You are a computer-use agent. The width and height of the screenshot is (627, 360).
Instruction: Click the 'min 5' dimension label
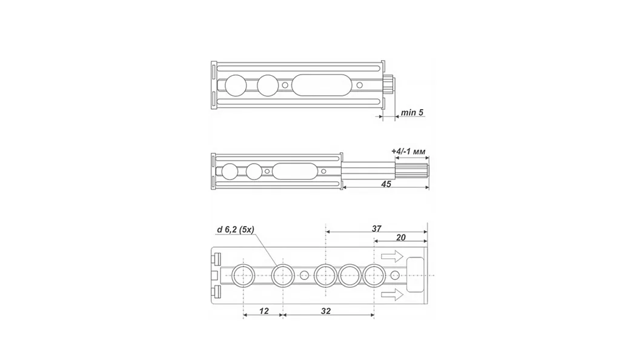412,112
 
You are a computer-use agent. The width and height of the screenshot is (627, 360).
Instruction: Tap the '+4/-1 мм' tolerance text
408,151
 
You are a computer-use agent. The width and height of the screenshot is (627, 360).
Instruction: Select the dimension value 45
386,184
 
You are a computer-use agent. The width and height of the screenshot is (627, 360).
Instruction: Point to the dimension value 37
376,229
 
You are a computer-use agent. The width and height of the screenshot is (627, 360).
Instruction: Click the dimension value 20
400,238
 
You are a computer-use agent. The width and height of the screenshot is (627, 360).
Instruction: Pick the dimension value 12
264,311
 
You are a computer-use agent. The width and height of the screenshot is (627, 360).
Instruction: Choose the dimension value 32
326,311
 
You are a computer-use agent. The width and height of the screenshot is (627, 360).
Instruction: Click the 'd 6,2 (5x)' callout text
236,230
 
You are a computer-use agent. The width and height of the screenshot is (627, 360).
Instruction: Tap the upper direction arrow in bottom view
392,256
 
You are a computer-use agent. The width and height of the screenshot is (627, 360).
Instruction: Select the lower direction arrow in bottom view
392,295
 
